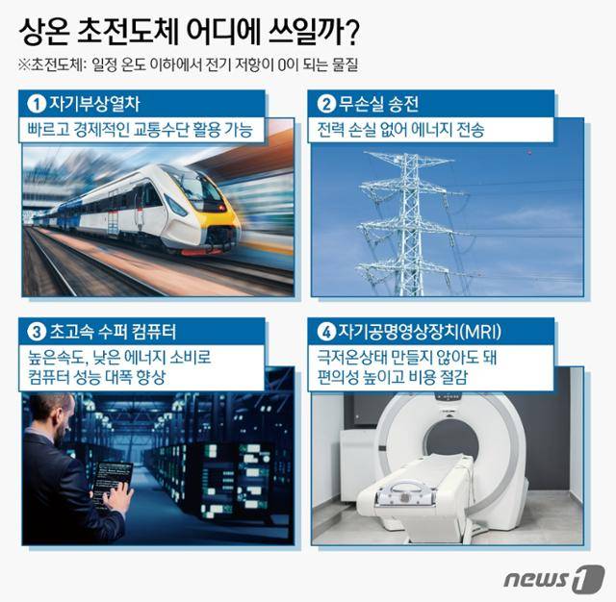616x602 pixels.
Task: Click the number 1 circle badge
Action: (x=36, y=103)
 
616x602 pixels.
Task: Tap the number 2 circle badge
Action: (x=327, y=103)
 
